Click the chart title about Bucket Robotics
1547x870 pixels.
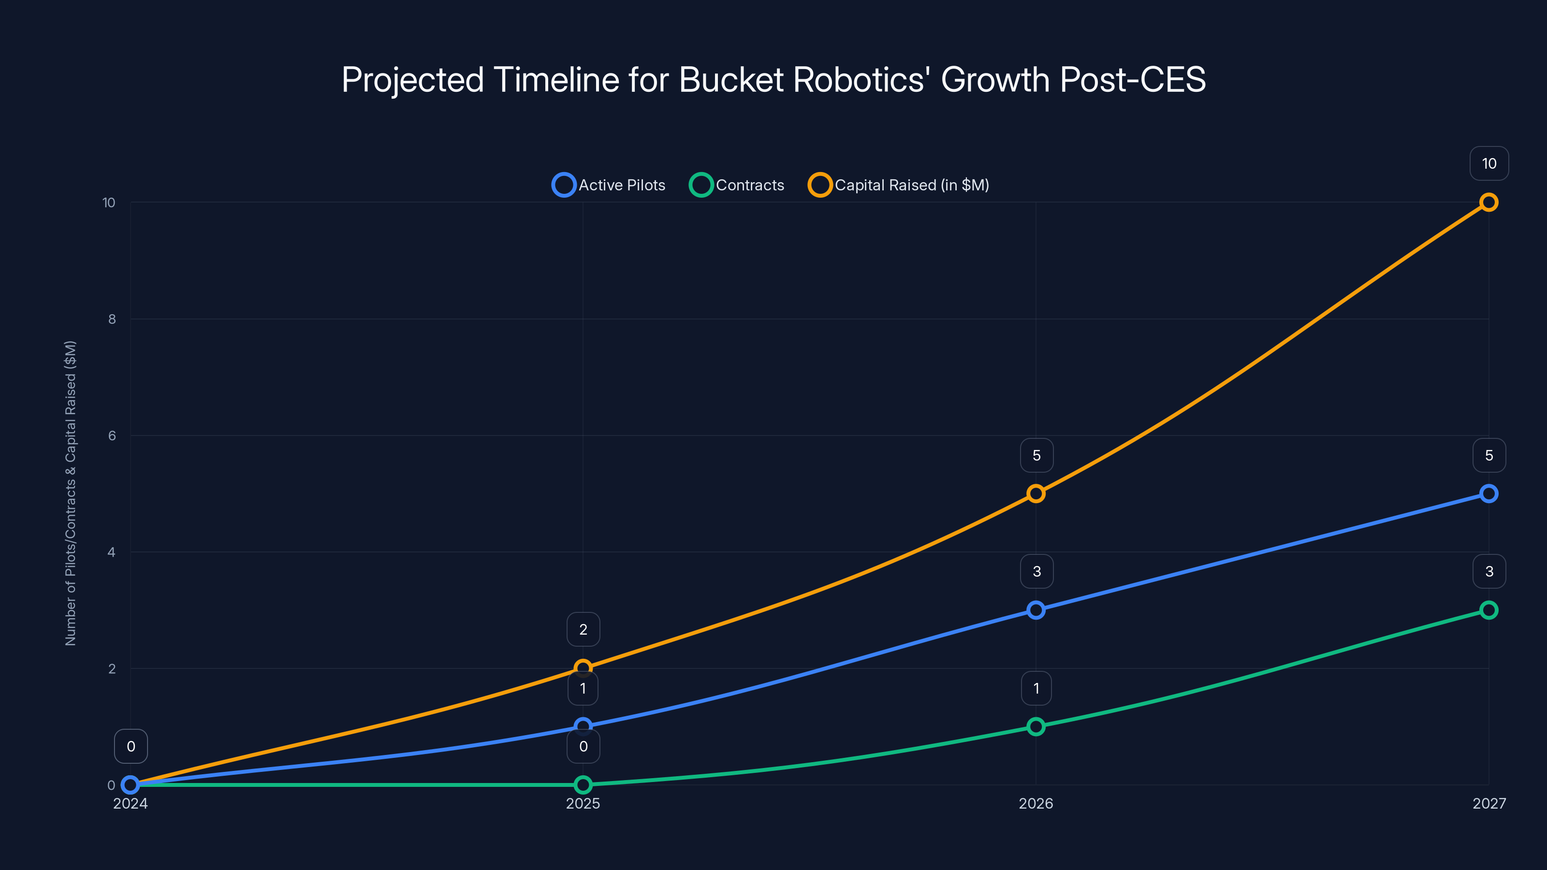[773, 79]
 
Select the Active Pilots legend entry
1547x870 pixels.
[609, 185]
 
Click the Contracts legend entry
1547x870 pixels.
[737, 185]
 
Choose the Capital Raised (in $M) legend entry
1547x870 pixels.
[899, 185]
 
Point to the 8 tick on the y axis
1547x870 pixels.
[112, 319]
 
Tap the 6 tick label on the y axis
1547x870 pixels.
[112, 436]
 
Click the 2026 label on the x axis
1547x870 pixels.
[1036, 803]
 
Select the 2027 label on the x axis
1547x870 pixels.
[1489, 803]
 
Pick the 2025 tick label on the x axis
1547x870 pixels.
[583, 803]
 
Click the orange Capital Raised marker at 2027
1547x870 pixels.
[1488, 203]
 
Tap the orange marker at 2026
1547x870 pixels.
[1036, 493]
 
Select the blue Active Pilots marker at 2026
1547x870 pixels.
[1036, 610]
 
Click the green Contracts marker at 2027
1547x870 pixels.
[1488, 610]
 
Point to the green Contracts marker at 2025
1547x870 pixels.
[583, 785]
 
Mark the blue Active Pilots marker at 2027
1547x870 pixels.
[1488, 493]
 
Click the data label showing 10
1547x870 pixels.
[1489, 163]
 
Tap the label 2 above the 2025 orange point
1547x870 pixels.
[583, 629]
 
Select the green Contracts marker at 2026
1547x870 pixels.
[1036, 726]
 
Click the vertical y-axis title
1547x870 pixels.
[70, 493]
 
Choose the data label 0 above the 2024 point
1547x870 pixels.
[131, 746]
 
